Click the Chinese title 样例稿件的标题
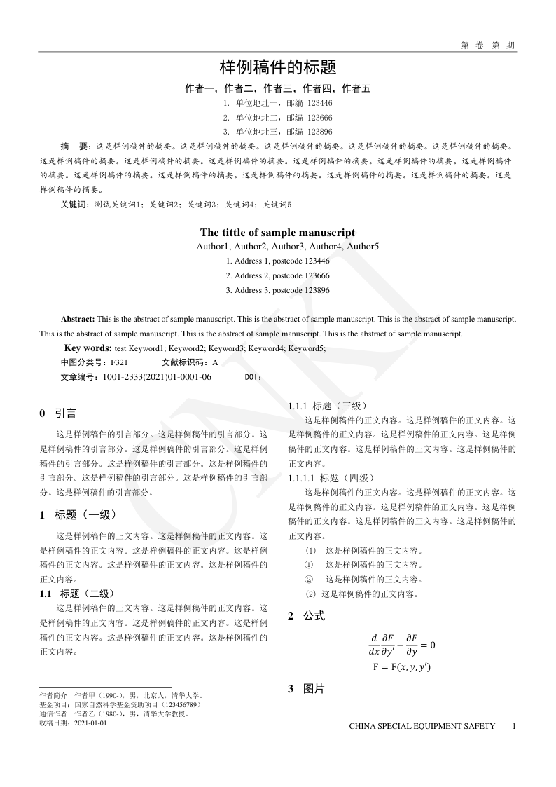pos(278,67)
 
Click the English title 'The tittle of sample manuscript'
pos(277,233)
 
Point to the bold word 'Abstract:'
pos(78,319)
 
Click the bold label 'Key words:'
pos(88,348)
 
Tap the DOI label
pos(253,377)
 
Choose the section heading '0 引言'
pos(59,413)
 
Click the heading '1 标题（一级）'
pos(78,515)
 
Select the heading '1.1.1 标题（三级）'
pos(327,406)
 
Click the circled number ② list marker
pos(308,580)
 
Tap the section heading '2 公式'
pos(307,617)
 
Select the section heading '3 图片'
pos(307,689)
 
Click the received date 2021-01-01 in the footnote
pos(90,723)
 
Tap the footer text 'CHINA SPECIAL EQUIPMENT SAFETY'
pos(422,726)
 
